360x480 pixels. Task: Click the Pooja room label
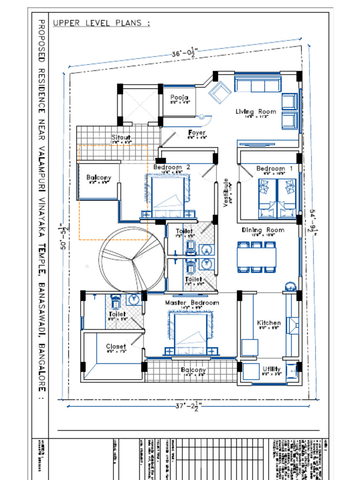[180, 97]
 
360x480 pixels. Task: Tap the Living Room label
[255, 112]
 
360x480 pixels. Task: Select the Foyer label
[197, 133]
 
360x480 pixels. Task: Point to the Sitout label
[121, 137]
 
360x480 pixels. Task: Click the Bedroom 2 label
[172, 167]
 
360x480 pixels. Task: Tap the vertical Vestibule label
[225, 192]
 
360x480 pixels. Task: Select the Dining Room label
[262, 230]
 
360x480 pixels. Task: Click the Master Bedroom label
[192, 303]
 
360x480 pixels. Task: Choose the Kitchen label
[269, 322]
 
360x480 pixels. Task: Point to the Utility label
[272, 369]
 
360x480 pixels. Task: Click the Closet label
[115, 346]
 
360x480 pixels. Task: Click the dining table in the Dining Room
[256, 257]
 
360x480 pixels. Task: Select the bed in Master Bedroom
[190, 334]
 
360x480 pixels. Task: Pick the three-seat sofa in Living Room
[257, 85]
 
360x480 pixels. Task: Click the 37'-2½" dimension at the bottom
[187, 407]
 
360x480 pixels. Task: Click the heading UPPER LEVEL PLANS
[101, 22]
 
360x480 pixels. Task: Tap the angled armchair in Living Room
[219, 93]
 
